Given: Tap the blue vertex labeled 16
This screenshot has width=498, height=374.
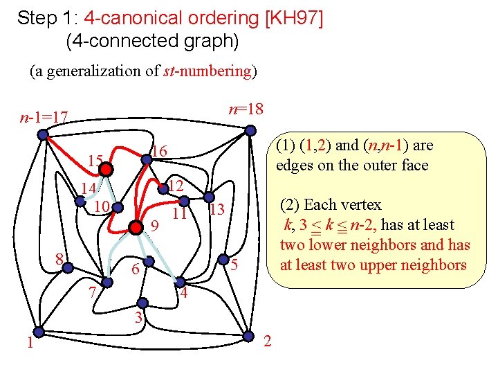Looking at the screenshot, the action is point(147,160).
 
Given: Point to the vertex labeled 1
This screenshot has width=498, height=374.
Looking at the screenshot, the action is point(39,331).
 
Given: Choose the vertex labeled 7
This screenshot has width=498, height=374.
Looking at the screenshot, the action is point(107,282).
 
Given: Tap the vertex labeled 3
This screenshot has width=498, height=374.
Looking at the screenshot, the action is point(142,302).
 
